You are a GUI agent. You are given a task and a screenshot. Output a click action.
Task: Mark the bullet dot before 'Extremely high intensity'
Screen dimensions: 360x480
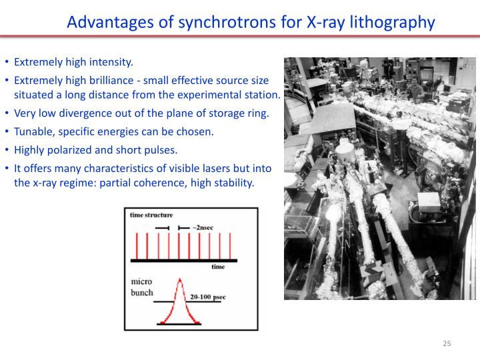coord(7,63)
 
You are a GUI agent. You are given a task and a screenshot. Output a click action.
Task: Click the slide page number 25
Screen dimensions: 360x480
coord(447,343)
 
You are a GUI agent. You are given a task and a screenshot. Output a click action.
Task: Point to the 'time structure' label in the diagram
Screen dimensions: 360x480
coord(151,215)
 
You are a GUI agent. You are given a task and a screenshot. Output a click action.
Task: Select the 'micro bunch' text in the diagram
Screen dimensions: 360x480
coord(141,287)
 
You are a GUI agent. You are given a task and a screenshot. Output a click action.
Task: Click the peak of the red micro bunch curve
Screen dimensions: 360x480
coord(179,281)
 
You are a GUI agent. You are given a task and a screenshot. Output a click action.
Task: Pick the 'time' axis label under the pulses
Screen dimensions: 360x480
coord(217,266)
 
